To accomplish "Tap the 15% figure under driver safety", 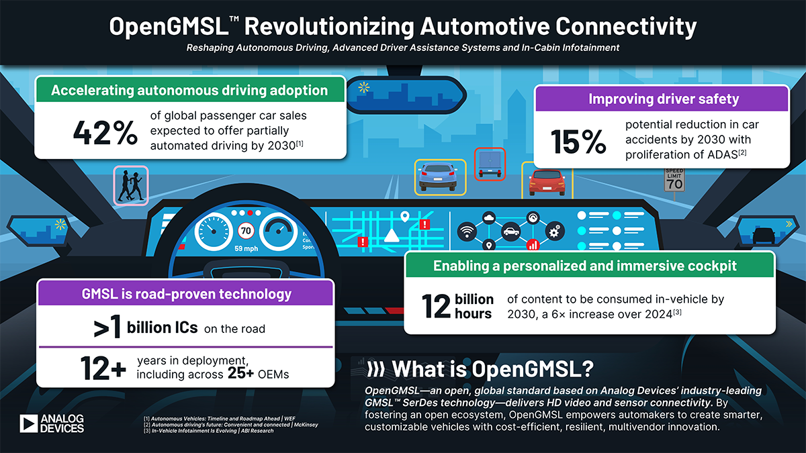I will click(x=579, y=142).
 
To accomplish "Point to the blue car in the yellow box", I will click(x=440, y=177).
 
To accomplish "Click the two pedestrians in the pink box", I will click(x=131, y=185).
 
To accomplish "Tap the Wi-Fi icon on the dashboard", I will click(x=465, y=233).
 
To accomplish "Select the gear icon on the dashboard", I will click(x=554, y=232).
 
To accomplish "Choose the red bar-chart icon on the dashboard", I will click(x=532, y=245).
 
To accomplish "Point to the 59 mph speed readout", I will click(x=246, y=248).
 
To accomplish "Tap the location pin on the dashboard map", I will click(x=404, y=217).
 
